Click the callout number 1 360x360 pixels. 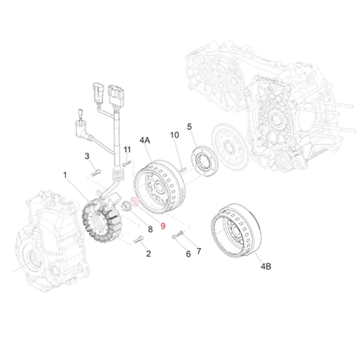(x=65, y=175)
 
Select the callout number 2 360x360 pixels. (x=148, y=254)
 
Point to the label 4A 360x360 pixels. (x=145, y=140)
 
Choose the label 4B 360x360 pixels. (x=266, y=265)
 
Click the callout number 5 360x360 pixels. (x=188, y=254)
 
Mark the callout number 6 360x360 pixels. (x=199, y=250)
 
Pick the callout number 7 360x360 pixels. (x=150, y=229)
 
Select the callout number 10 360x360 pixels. (x=127, y=149)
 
